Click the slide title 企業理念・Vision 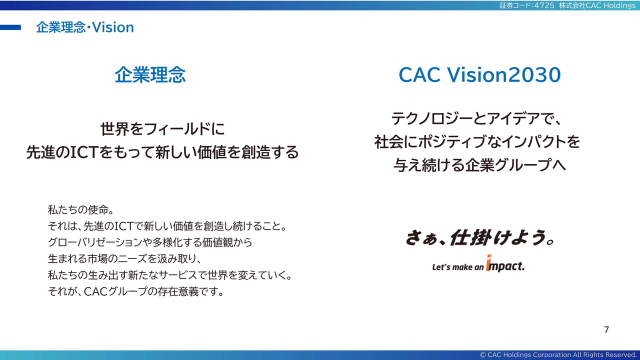tap(85, 27)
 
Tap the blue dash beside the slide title tap(10, 27)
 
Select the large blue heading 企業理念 tap(150, 75)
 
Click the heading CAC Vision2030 tap(479, 75)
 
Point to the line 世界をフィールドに tap(162, 129)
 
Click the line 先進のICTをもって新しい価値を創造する tap(162, 152)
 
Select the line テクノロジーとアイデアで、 tap(476, 118)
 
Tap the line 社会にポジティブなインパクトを tap(477, 141)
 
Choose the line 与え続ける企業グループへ tap(479, 165)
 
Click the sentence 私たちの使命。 tap(81, 209)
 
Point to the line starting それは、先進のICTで tap(167, 226)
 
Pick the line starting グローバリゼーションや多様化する tap(150, 242)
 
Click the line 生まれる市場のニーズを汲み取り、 tap(125, 259)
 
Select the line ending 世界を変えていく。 tap(170, 275)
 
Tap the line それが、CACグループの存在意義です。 tap(136, 291)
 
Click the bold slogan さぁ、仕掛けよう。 tap(479, 237)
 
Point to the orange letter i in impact tap(488, 262)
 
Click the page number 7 tap(606, 329)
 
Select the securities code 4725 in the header tap(544, 5)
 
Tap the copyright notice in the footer tap(558, 355)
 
